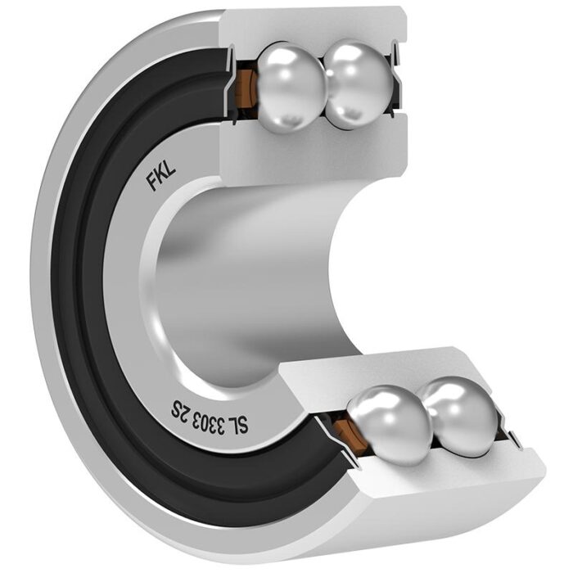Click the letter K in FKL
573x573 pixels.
point(161,175)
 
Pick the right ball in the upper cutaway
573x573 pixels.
point(359,85)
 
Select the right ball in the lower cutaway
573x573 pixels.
point(458,416)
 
